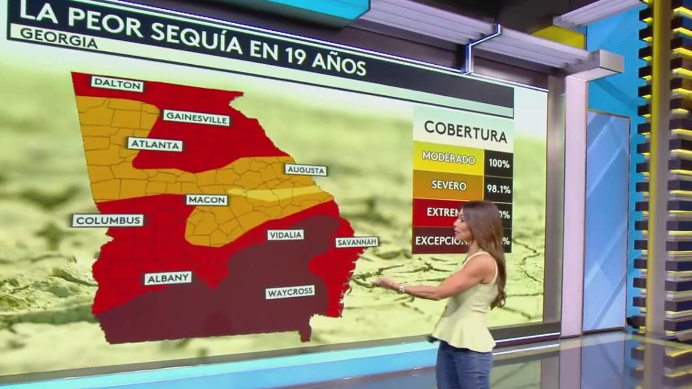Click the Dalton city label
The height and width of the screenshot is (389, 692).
(x=117, y=84)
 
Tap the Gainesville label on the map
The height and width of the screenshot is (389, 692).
(x=196, y=117)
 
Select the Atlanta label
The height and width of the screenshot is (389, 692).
(x=155, y=144)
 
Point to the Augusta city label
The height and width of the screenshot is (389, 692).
(x=305, y=170)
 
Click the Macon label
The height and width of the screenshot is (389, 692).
(x=207, y=200)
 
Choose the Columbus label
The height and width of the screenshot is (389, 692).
(x=108, y=220)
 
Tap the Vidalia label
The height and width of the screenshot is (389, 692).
(x=285, y=235)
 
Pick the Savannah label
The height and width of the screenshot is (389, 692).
(x=357, y=242)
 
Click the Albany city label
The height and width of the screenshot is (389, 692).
(x=168, y=278)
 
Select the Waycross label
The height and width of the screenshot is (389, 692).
(x=290, y=292)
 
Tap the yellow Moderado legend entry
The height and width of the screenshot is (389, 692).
(x=448, y=158)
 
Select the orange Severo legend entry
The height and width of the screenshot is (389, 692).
(x=448, y=185)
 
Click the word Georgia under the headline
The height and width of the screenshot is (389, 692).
(x=59, y=39)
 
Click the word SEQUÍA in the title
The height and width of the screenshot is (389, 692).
(x=196, y=37)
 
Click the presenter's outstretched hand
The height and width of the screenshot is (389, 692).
(x=383, y=283)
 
